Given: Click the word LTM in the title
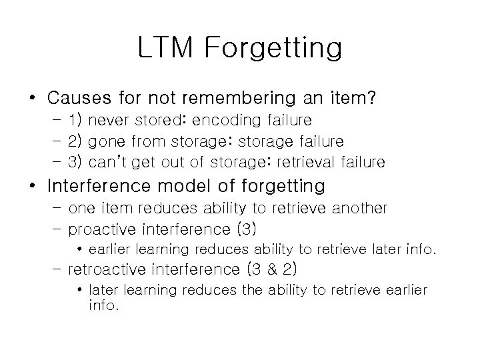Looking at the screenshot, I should click(x=163, y=49).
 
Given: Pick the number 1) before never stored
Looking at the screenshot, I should click(x=75, y=121).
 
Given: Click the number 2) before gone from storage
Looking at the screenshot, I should click(x=75, y=141).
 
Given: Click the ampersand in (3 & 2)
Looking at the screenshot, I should click(x=269, y=270).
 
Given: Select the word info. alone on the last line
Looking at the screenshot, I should click(x=105, y=307).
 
